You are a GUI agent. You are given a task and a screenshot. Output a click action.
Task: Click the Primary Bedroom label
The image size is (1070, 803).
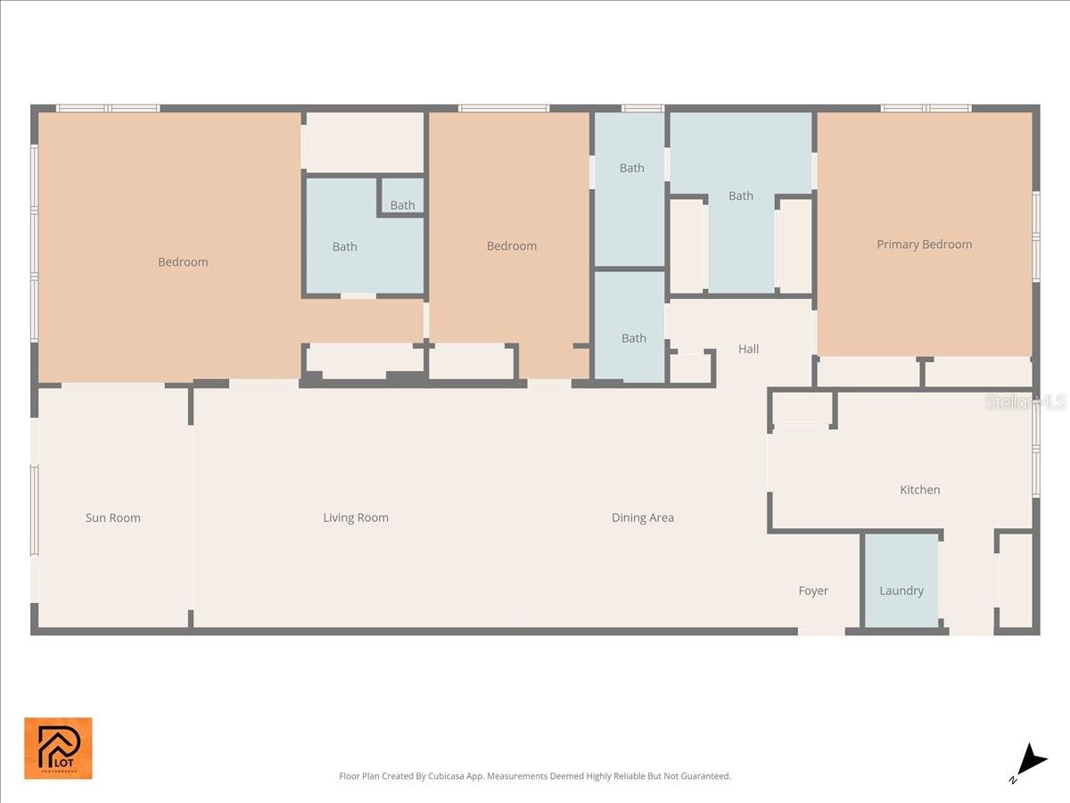924,244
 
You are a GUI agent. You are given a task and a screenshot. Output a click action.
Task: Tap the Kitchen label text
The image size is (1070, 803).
919,490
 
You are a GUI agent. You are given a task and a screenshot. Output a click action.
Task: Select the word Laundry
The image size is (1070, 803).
901,591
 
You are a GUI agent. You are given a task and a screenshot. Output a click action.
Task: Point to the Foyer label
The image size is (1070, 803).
812,591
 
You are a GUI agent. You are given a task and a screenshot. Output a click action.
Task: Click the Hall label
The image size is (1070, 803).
748,349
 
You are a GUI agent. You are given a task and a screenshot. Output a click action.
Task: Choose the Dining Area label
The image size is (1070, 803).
642,517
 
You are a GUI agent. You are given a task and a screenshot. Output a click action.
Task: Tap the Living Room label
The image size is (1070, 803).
355,517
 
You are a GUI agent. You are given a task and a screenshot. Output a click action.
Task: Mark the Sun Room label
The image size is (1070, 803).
112,517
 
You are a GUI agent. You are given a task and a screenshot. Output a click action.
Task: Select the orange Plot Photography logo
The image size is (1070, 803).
58,748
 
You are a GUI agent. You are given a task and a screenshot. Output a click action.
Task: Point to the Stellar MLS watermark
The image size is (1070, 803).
1025,403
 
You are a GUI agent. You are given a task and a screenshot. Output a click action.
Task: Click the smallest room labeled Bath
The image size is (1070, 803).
402,205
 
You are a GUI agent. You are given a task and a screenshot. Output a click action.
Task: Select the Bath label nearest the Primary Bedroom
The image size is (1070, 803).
740,196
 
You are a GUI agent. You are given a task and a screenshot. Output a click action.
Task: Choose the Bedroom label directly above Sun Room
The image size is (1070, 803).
183,262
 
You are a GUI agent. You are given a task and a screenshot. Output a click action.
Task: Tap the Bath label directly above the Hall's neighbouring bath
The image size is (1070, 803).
631,168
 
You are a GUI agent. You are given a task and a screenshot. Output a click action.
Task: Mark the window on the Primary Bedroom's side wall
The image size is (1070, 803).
1035,236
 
